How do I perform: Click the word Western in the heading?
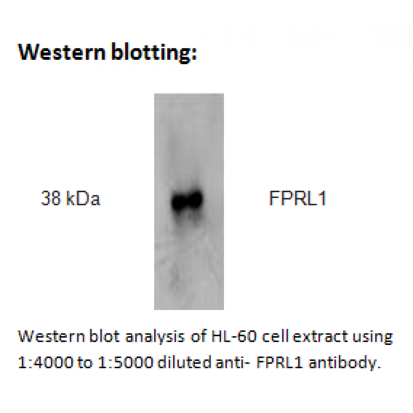[x=62, y=52]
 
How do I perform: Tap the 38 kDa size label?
[x=71, y=198]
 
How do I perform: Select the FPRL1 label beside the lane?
[x=298, y=198]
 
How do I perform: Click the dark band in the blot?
[x=187, y=200]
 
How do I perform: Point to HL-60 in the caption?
[x=234, y=336]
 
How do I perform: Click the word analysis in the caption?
[x=155, y=337]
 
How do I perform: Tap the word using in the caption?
[x=372, y=337]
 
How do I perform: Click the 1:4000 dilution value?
[x=45, y=362]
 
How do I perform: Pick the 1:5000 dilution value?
[x=125, y=362]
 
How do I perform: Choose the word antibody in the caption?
[x=344, y=363]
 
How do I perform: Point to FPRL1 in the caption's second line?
[x=279, y=362]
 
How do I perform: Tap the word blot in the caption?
[x=104, y=336]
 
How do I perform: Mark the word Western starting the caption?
[x=52, y=336]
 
